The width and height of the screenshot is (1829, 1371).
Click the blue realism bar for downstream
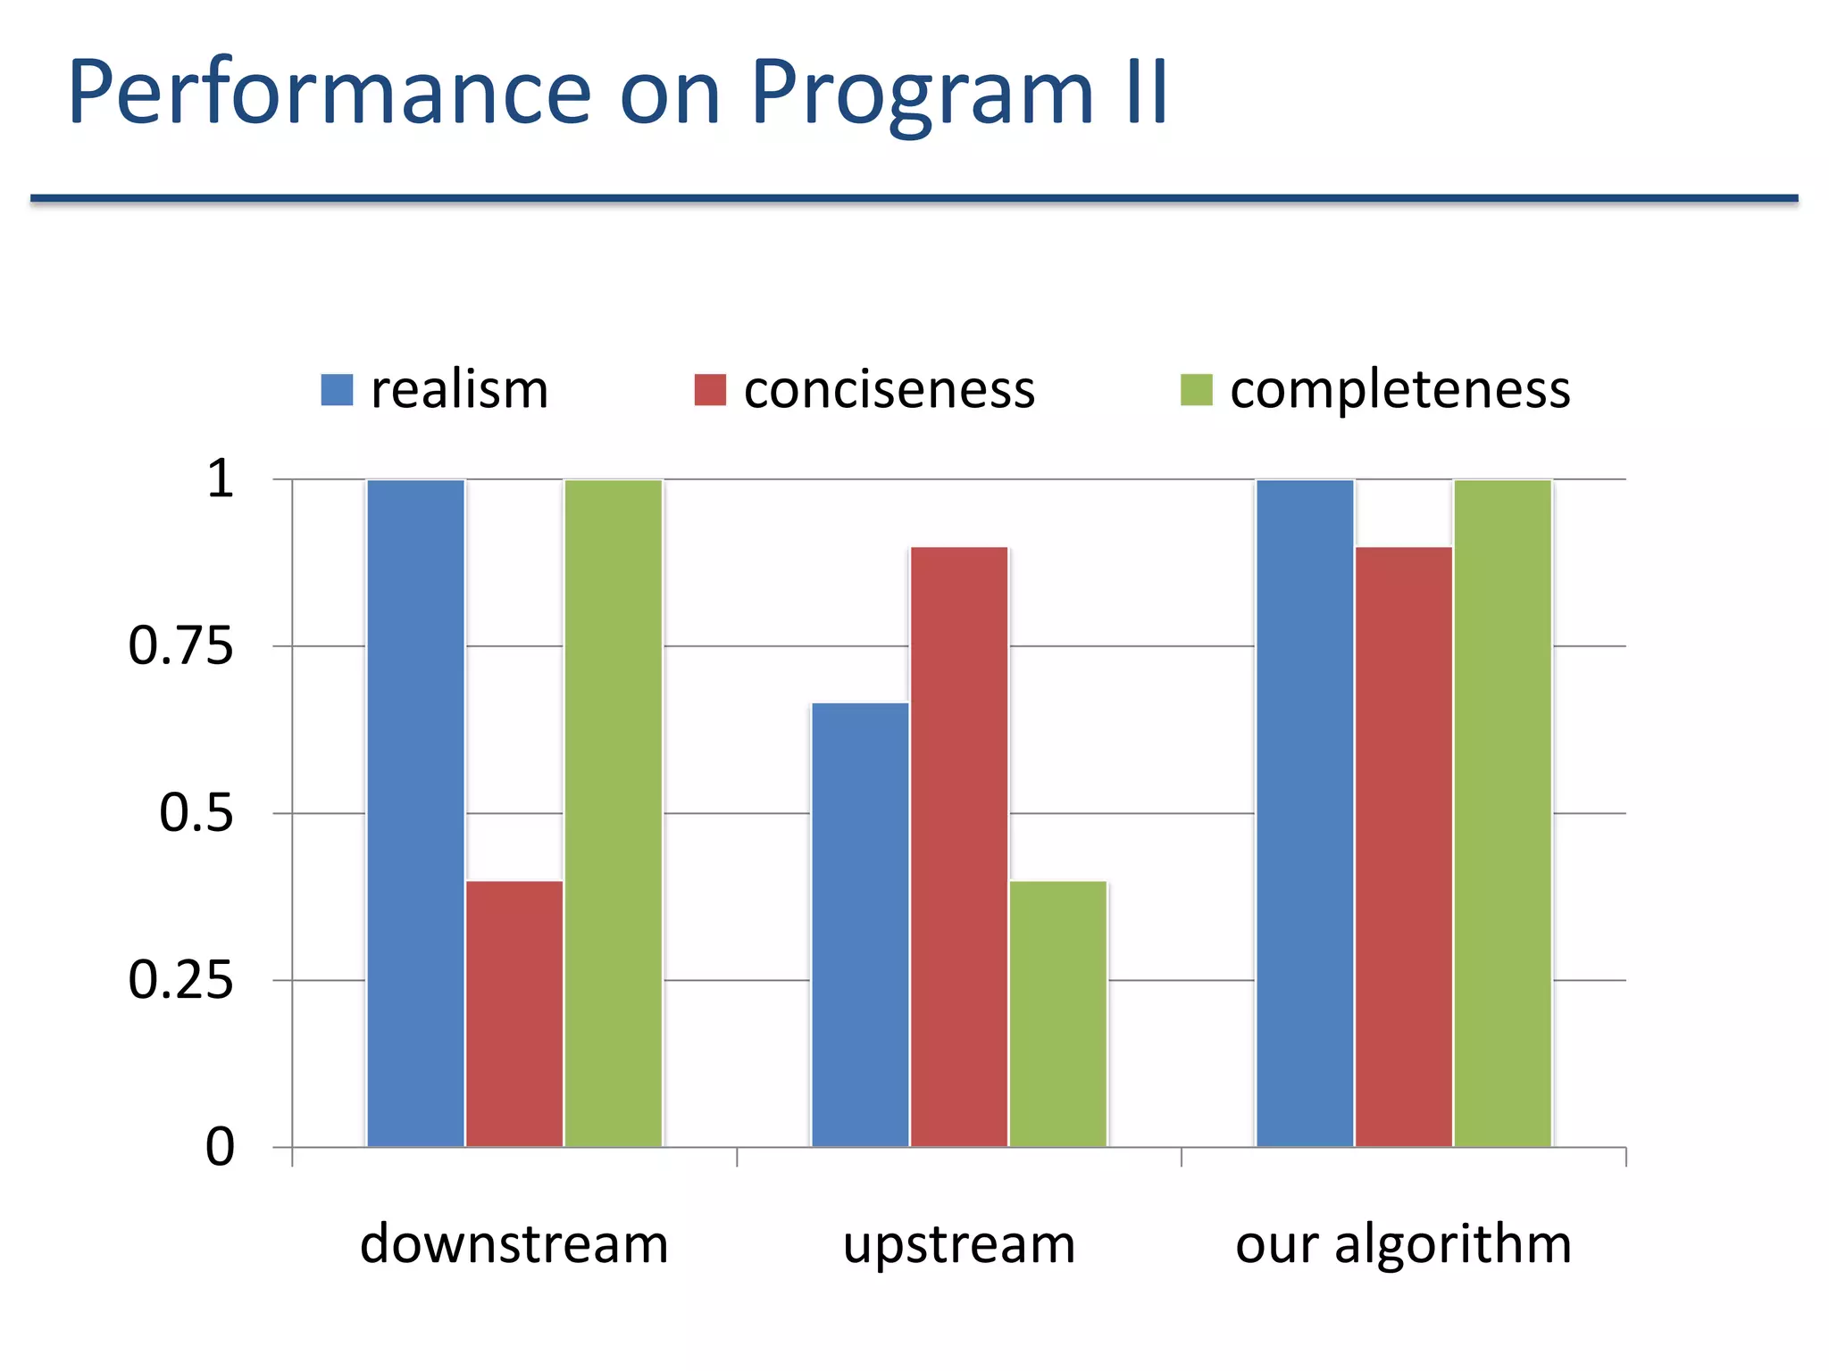coord(415,812)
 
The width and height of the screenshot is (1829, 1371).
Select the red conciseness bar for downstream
coord(514,1013)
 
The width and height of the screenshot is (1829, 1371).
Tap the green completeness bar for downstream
coord(614,812)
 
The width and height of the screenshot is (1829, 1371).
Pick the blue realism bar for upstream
coord(860,924)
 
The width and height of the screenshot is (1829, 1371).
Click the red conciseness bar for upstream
coord(959,846)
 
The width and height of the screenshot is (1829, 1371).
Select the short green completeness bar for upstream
coord(1058,1013)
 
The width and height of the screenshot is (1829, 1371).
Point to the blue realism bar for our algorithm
coord(1305,812)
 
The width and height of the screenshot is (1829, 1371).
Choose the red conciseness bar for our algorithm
coord(1404,846)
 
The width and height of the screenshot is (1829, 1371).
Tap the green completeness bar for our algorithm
coord(1503,812)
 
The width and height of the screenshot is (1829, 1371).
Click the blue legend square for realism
coord(337,390)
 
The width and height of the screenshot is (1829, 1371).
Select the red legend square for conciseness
coord(710,390)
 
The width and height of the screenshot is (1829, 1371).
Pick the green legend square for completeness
coord(1196,390)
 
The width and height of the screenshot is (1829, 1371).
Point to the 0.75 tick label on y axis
coord(180,645)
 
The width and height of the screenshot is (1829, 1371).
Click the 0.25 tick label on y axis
coord(180,980)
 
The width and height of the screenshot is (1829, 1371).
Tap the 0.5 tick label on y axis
coord(196,813)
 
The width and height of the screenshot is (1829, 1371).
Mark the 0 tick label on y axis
coord(220,1147)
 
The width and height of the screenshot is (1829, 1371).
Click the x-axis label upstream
coord(959,1244)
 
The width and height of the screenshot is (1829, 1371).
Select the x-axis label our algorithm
coord(1403,1244)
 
